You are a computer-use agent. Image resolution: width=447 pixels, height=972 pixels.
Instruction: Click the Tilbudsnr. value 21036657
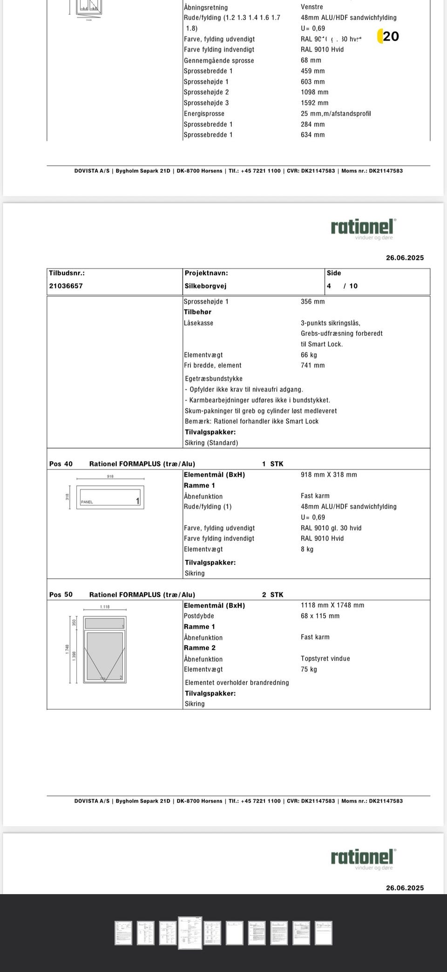pyautogui.click(x=66, y=286)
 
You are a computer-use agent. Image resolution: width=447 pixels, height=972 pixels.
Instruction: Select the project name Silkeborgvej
pyautogui.click(x=205, y=286)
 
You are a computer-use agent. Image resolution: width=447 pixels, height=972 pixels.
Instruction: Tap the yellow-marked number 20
pyautogui.click(x=390, y=36)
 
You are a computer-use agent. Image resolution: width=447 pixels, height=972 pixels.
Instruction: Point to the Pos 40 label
pyautogui.click(x=61, y=464)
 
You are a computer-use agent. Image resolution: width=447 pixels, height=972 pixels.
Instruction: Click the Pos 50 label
pyautogui.click(x=61, y=595)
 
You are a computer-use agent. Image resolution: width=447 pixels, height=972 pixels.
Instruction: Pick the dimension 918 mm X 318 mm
pyautogui.click(x=329, y=475)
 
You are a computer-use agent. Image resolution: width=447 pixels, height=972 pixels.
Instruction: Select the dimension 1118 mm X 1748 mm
pyautogui.click(x=332, y=605)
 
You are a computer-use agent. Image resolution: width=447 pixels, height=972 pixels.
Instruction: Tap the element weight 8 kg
pyautogui.click(x=307, y=549)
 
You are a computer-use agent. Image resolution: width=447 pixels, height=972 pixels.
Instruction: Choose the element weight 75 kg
pyautogui.click(x=309, y=669)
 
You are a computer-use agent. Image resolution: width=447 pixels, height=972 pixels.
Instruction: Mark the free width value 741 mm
pyautogui.click(x=312, y=366)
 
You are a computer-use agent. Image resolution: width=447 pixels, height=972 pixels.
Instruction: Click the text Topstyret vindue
pyautogui.click(x=325, y=659)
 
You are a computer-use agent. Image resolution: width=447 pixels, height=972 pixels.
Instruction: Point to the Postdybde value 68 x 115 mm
pyautogui.click(x=320, y=616)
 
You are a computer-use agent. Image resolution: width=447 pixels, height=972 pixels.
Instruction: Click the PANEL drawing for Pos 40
pyautogui.click(x=110, y=497)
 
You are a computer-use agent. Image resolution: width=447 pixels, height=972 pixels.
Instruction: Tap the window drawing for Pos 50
pyautogui.click(x=105, y=650)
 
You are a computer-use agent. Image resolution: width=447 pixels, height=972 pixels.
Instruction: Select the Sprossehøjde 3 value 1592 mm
pyautogui.click(x=314, y=103)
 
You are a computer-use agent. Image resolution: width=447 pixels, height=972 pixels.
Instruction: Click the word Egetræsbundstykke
pyautogui.click(x=213, y=379)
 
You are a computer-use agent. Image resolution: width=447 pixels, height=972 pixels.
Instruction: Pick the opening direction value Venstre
pyautogui.click(x=312, y=7)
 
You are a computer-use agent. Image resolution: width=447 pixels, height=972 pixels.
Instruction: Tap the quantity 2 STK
pyautogui.click(x=272, y=595)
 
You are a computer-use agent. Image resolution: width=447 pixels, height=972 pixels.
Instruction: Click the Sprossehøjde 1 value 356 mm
pyautogui.click(x=312, y=302)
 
